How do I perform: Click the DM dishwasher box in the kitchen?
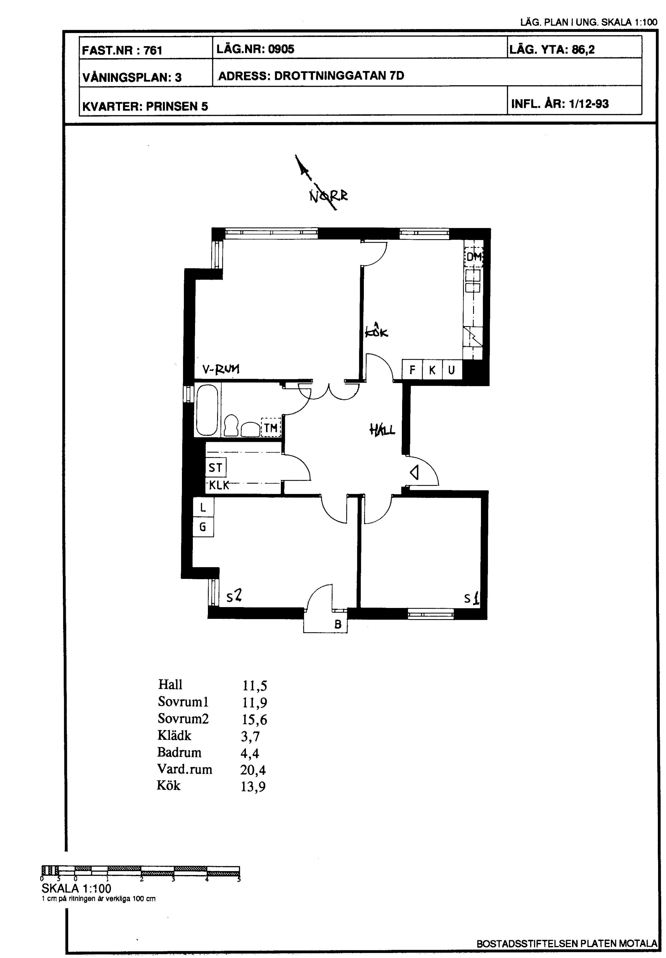[x=474, y=256]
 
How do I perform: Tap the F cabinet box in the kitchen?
[x=412, y=369]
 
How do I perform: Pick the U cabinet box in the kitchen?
[x=452, y=369]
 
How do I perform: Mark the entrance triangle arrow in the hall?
[x=414, y=472]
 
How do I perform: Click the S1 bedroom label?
[x=472, y=599]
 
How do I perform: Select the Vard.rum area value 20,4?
[x=253, y=770]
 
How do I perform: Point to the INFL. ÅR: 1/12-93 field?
[x=560, y=104]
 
